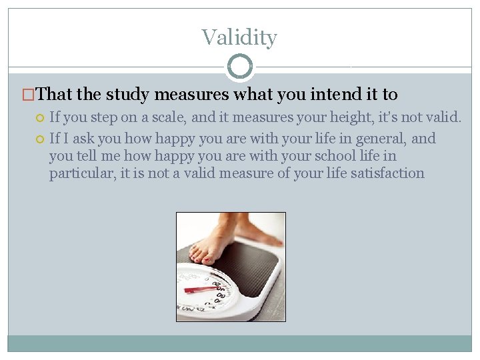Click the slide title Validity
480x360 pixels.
(x=239, y=37)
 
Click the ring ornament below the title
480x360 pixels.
(x=240, y=67)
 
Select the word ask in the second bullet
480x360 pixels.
(x=83, y=139)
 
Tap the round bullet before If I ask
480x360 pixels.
(x=40, y=139)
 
